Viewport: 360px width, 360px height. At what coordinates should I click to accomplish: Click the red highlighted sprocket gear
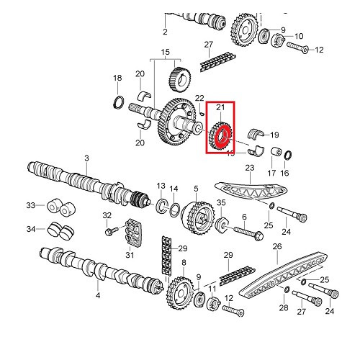click(x=222, y=135)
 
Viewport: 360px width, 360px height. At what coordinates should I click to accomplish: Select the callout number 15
click(x=165, y=52)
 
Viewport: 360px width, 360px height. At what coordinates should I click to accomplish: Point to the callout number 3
click(x=86, y=158)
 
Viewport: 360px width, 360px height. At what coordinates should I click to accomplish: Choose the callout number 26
click(x=276, y=247)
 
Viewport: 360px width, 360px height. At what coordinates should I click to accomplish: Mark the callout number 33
click(x=30, y=206)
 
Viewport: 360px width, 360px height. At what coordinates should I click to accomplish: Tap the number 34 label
click(x=30, y=230)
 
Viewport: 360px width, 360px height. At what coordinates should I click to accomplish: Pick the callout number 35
click(x=222, y=204)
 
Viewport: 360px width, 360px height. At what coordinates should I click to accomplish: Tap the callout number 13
click(x=161, y=186)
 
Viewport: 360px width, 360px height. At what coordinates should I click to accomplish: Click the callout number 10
click(x=300, y=36)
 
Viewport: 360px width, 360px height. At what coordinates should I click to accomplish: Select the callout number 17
click(x=272, y=174)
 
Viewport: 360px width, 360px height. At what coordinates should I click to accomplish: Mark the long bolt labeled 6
click(x=247, y=235)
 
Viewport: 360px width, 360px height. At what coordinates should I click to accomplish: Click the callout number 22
click(x=199, y=98)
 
